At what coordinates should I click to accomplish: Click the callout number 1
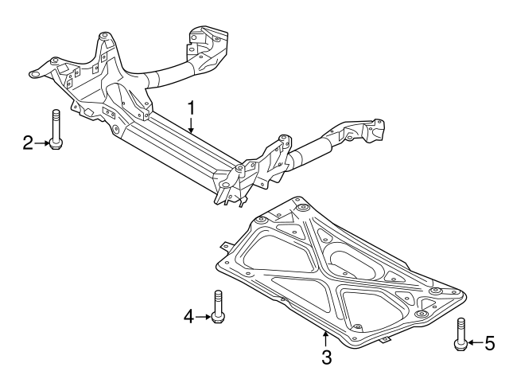point(191,107)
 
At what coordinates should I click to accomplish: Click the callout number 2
point(28,143)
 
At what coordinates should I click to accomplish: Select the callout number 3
point(326,357)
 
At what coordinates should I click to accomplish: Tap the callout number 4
point(188,317)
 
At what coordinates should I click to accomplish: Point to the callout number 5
point(488,343)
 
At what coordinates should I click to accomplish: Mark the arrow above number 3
point(324,338)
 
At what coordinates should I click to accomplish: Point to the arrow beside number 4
point(204,317)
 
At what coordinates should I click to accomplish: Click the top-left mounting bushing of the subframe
point(103,37)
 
